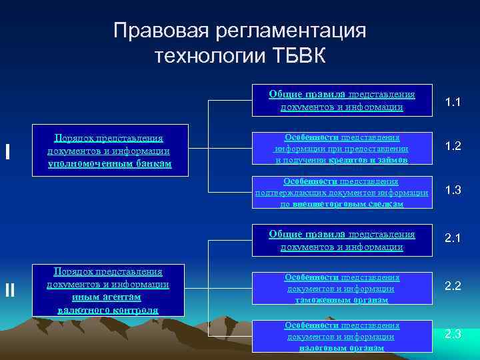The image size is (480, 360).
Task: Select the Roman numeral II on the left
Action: click(9, 289)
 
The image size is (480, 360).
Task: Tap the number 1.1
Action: click(454, 102)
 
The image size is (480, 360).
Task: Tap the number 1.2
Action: click(454, 146)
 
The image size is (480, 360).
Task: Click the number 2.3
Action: click(454, 334)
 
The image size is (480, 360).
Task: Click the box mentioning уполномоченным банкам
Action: click(109, 151)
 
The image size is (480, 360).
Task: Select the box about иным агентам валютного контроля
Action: click(109, 290)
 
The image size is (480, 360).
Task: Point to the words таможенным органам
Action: click(342, 300)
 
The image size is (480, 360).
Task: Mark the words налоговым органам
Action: click(342, 347)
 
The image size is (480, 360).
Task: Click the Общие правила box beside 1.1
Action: click(341, 101)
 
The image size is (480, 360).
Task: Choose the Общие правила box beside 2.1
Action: click(341, 241)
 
